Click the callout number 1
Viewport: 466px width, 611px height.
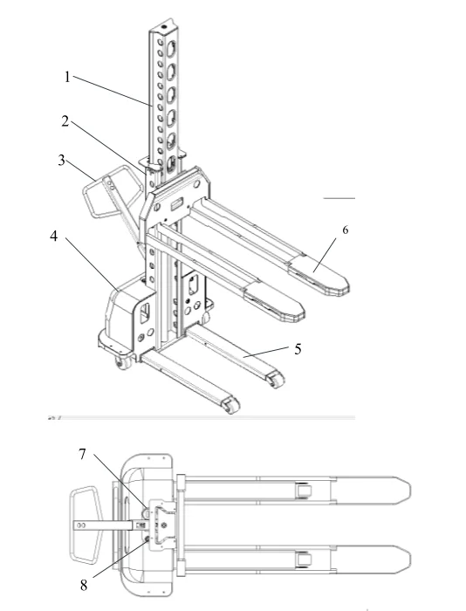67,77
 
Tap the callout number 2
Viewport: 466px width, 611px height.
65,121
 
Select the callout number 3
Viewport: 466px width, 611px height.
62,160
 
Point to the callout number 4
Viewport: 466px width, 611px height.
54,236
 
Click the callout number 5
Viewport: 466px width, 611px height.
298,349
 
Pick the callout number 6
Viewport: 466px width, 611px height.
346,230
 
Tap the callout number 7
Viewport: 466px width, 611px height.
82,454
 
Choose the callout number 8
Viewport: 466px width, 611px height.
84,585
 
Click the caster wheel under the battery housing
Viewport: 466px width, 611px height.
122,363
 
